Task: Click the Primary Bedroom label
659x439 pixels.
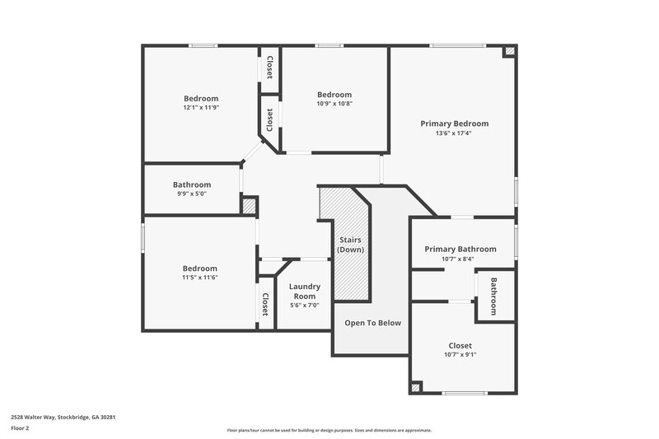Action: (454, 124)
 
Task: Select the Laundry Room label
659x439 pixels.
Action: (305, 291)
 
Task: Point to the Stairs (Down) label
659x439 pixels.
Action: (351, 245)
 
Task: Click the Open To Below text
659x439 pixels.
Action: (372, 323)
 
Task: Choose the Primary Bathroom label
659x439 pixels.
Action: (460, 249)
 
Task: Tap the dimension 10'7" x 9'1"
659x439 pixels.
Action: (460, 354)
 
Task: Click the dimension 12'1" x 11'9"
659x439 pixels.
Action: (201, 108)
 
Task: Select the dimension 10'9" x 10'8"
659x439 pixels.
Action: (334, 104)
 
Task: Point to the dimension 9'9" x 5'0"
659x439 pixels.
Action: (192, 194)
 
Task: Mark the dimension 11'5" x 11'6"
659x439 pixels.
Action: (200, 278)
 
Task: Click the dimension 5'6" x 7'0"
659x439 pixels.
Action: (305, 306)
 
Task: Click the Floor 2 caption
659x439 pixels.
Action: (21, 428)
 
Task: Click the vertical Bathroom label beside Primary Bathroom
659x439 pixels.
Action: (494, 296)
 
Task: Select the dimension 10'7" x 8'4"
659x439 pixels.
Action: (458, 259)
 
